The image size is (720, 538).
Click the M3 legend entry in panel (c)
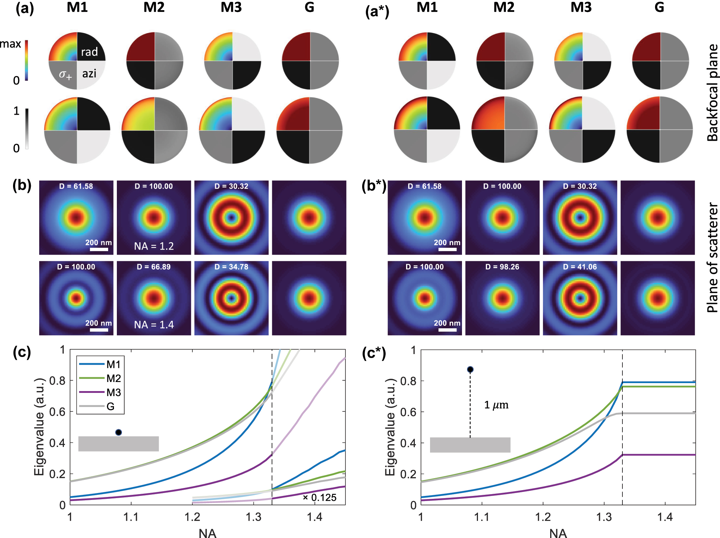pos(113,393)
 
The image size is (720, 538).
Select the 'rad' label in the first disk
pos(89,52)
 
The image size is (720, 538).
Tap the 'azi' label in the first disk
pos(89,74)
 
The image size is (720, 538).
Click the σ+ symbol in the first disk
pos(65,75)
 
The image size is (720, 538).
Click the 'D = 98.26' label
pos(502,267)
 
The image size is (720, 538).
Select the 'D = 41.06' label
pos(580,267)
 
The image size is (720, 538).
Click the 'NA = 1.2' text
pos(154,246)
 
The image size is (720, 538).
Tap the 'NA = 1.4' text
pos(154,325)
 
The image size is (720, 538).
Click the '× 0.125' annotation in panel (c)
pos(319,498)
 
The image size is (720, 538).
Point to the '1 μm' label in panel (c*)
pos(496,405)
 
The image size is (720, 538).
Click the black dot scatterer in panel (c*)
pos(470,370)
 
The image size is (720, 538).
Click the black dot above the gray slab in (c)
pos(118,432)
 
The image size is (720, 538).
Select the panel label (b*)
pos(374,186)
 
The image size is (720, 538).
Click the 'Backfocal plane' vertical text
pos(712,93)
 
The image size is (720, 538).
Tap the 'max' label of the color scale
pos(11,44)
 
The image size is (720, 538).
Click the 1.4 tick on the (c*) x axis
pos(665,517)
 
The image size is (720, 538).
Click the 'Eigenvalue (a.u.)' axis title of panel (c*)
pos(390,427)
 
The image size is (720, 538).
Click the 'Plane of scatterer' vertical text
pos(712,258)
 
